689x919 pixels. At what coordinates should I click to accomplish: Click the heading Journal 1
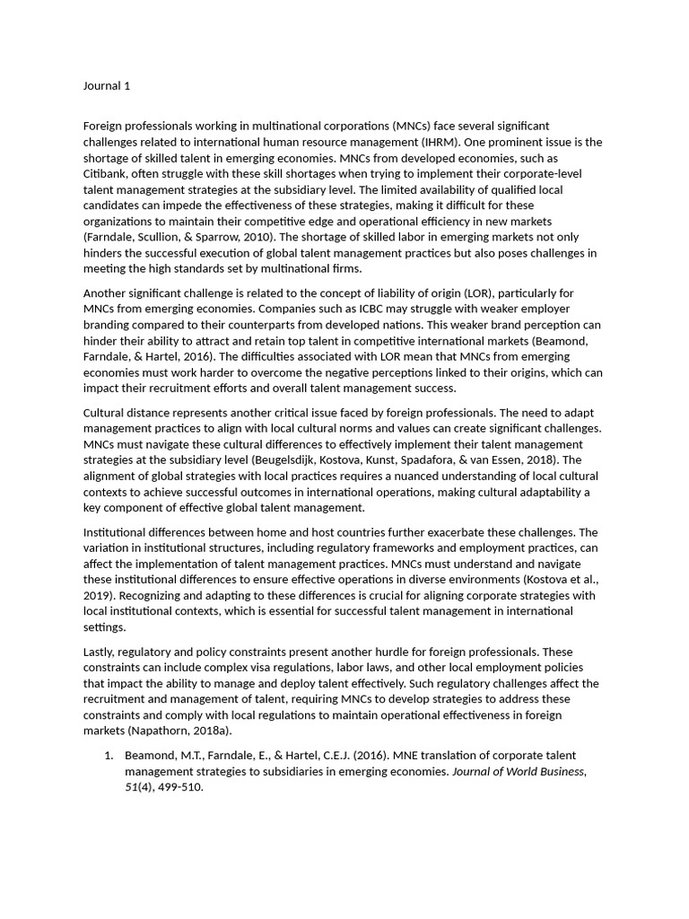pos(108,86)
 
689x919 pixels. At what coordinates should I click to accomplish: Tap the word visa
pos(266,668)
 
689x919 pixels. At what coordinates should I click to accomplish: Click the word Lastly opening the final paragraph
pos(101,652)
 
